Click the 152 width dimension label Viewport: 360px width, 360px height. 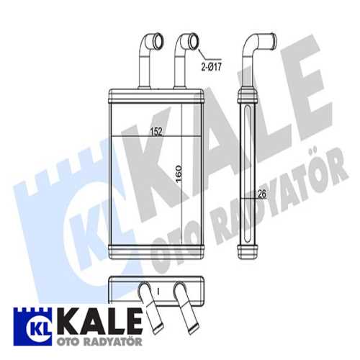155,132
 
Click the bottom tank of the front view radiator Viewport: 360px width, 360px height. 153,251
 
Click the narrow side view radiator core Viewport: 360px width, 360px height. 248,173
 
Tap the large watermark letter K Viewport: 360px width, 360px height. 155,166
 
